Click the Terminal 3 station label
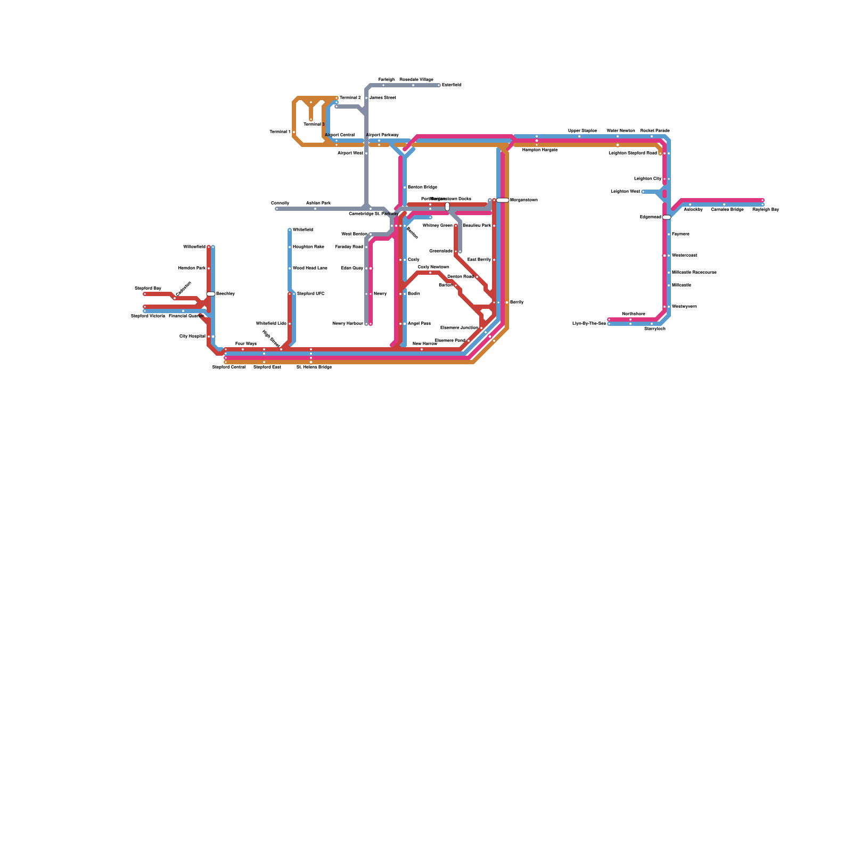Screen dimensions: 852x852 point(314,125)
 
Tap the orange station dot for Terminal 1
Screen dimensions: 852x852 point(294,132)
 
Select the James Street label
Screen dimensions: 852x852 point(382,98)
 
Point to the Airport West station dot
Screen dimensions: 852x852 point(366,153)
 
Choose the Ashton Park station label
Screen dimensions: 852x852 point(318,203)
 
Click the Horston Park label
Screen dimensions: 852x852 point(192,268)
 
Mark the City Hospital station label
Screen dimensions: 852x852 point(192,337)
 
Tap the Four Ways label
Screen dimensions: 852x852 point(245,344)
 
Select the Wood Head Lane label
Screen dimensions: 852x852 point(310,268)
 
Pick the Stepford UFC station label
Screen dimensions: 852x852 point(310,294)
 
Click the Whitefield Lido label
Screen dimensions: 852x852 point(271,324)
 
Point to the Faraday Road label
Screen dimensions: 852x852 point(349,247)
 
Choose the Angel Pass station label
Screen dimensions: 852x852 point(419,324)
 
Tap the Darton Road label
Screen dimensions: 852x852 point(460,277)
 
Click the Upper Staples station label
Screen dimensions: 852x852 point(582,130)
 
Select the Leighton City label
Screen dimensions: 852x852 point(648,179)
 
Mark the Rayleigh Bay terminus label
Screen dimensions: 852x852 point(765,210)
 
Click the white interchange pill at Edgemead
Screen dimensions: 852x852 point(667,217)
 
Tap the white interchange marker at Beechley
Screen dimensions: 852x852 point(211,294)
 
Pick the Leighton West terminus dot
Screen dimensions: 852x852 point(643,192)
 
